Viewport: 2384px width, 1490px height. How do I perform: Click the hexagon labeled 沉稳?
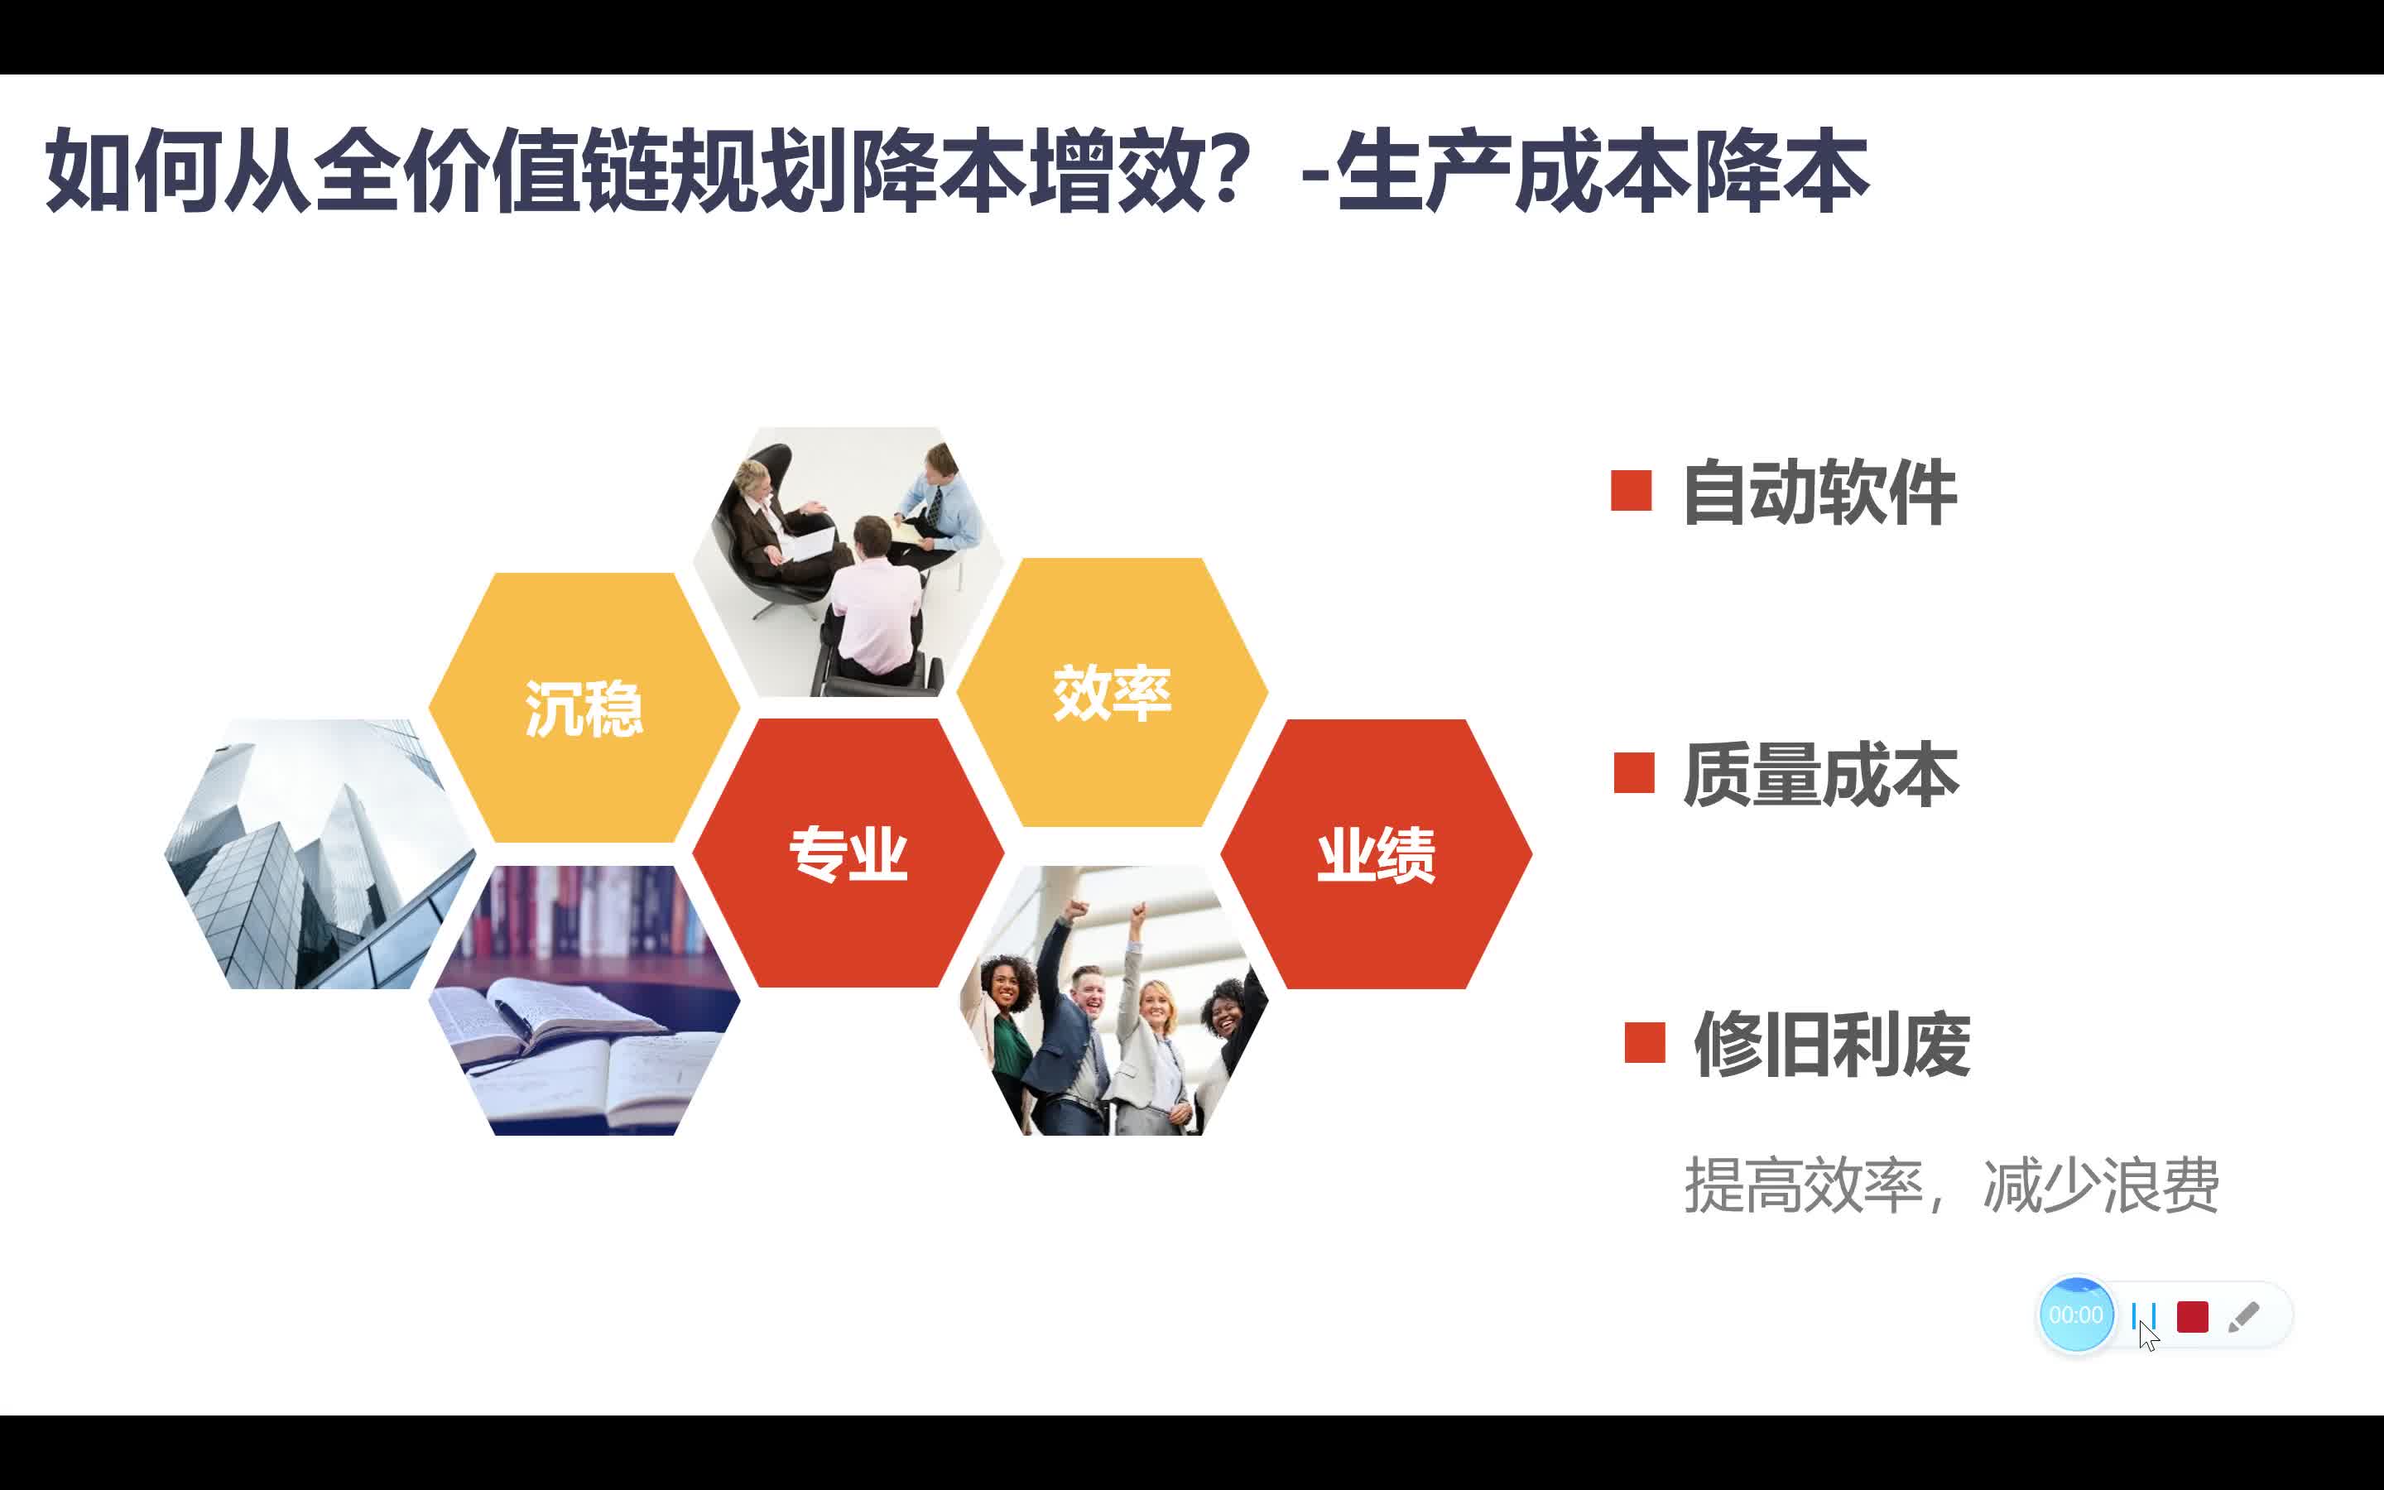tap(584, 708)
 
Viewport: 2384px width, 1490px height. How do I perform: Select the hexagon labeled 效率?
tap(1113, 692)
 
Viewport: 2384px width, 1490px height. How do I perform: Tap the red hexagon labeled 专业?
tap(848, 853)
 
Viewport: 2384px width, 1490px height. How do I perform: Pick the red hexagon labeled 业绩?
tap(1377, 854)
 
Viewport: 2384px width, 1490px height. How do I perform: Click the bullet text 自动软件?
tap(1819, 493)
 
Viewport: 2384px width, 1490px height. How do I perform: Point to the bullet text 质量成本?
tap(1820, 775)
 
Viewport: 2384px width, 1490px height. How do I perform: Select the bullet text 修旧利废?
tap(1831, 1045)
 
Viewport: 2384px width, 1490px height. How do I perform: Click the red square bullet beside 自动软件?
tap(1632, 491)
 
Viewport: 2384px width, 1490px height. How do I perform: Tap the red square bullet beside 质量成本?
tap(1634, 772)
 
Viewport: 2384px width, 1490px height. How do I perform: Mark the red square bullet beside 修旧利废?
tap(1645, 1043)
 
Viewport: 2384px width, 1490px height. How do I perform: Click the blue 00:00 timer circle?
tap(2077, 1315)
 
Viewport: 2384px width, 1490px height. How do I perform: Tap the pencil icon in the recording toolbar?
tap(2243, 1316)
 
